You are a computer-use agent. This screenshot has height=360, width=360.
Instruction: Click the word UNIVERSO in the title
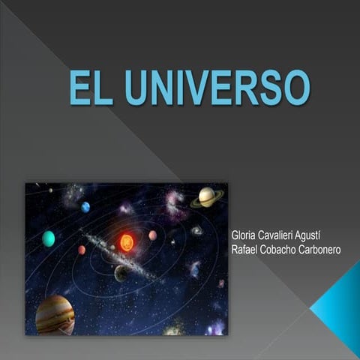217,88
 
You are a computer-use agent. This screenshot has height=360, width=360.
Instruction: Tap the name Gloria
245,235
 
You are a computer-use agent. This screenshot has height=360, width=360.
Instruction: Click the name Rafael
247,249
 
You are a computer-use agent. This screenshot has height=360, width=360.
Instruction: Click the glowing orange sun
126,241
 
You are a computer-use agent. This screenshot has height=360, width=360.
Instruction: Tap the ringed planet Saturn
206,197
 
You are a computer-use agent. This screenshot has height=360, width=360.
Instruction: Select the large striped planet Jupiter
55,313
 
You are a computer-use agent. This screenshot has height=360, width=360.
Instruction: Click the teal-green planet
49,238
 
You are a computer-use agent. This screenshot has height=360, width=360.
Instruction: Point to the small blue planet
85,207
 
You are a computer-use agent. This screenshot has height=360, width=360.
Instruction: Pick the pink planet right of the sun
153,235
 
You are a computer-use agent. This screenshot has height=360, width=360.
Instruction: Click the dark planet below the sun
121,273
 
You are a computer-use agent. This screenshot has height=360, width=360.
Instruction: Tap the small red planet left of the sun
81,250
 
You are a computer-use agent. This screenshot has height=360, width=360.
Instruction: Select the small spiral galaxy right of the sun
196,231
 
